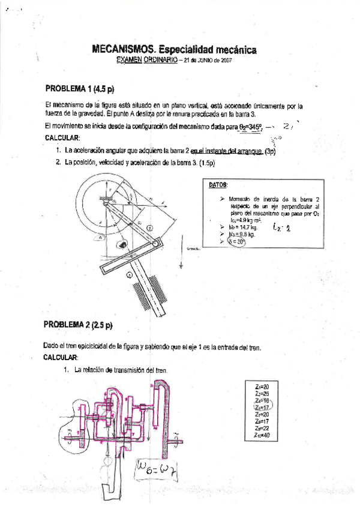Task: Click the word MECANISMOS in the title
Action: coord(119,52)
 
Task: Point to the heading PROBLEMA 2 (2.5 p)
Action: coord(77,325)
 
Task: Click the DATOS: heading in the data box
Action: coord(218,185)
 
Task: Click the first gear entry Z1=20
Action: coord(262,386)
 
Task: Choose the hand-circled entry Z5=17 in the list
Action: coord(262,408)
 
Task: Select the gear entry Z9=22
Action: coord(262,429)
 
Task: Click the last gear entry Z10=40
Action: coord(262,436)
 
